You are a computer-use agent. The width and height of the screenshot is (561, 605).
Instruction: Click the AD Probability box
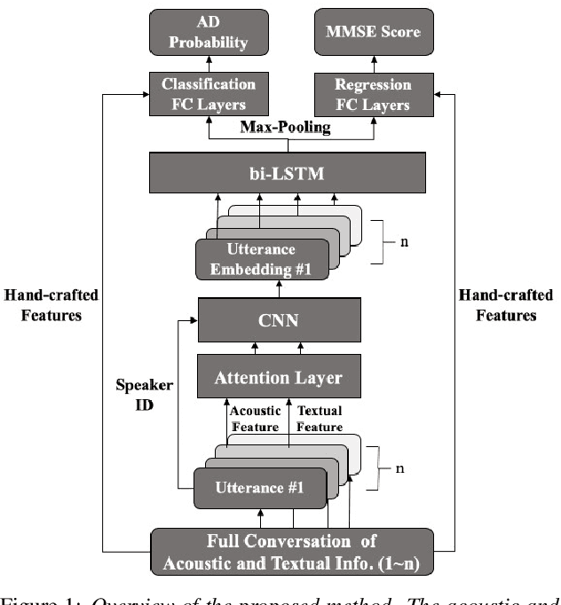(x=209, y=33)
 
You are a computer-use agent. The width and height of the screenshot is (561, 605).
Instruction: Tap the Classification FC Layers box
(x=209, y=94)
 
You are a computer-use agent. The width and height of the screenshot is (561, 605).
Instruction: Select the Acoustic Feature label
(x=255, y=418)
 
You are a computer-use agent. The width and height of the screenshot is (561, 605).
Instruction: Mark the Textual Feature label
(x=319, y=418)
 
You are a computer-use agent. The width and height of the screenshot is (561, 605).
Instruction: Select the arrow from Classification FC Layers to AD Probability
(x=209, y=62)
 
